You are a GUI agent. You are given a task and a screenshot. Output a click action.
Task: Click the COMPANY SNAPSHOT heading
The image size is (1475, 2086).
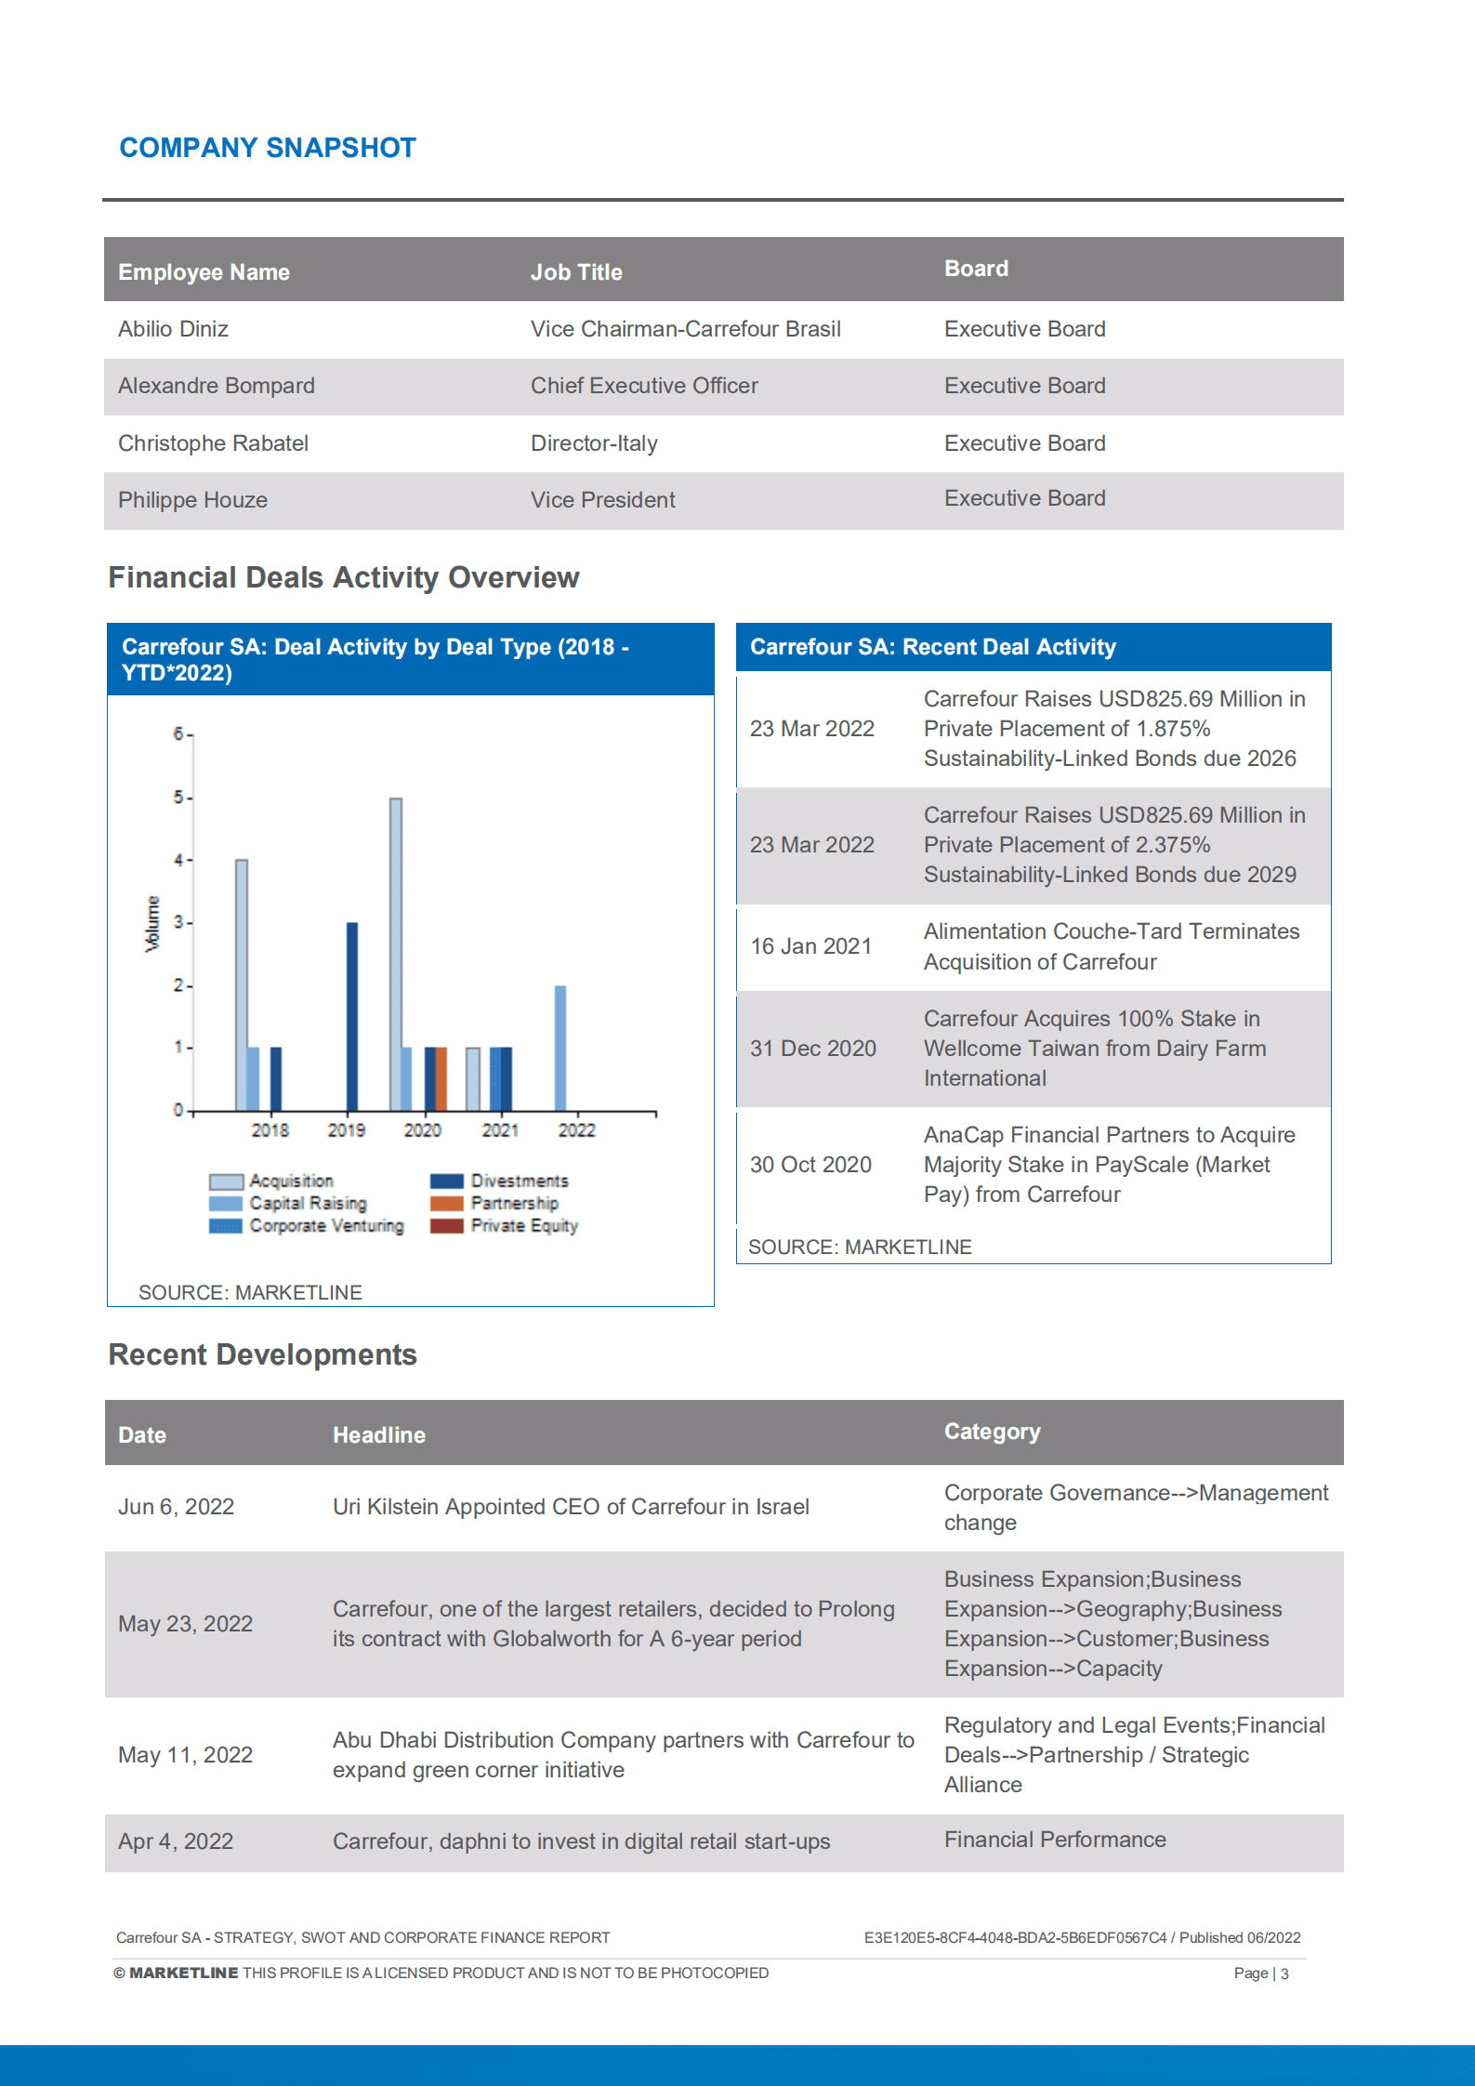click(268, 148)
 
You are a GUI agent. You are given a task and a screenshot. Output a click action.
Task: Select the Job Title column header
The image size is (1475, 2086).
click(576, 272)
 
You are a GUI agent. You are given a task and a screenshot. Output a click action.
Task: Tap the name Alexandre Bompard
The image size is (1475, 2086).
click(217, 386)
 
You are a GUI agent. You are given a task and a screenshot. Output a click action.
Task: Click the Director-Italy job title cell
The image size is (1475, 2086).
click(594, 443)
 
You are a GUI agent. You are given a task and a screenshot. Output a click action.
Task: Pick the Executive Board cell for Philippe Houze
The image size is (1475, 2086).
click(1024, 498)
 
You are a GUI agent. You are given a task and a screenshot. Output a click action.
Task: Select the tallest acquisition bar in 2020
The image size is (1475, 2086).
click(396, 953)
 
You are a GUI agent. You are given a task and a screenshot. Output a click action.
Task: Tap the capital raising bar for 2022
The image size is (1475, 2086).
click(560, 1048)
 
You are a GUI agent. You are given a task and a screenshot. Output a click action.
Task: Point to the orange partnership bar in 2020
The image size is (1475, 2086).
click(441, 1078)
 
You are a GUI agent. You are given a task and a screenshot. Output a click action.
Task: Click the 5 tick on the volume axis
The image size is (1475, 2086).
click(178, 797)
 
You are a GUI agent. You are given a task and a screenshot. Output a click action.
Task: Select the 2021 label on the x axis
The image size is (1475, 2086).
click(500, 1130)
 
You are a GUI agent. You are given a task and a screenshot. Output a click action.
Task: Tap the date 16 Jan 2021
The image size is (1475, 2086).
click(810, 946)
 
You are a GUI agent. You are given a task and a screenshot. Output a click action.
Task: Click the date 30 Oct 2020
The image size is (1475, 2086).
click(810, 1165)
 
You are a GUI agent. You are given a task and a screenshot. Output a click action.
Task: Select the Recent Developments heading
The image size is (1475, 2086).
click(263, 1354)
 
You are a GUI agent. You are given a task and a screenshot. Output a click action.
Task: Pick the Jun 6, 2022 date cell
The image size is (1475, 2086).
click(176, 1507)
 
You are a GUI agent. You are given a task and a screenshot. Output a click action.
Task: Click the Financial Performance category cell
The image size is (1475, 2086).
click(1054, 1840)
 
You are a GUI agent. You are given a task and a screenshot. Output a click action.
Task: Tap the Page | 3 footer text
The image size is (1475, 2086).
click(1260, 1973)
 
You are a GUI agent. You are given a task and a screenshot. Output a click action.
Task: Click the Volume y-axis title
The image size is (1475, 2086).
click(152, 923)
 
